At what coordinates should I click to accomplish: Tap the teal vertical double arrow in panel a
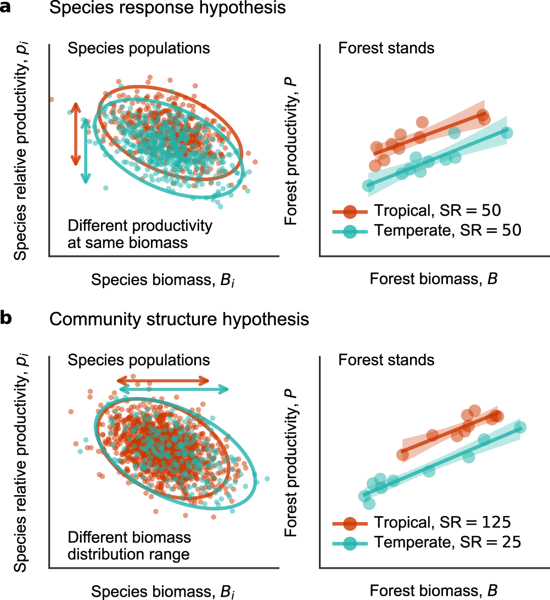point(85,151)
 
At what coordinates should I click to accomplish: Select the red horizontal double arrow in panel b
point(163,380)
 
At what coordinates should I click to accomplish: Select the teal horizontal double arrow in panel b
point(174,389)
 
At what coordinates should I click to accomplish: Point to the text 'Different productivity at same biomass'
point(139,234)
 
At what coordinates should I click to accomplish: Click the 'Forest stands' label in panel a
point(386,48)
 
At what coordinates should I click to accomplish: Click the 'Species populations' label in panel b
point(138,360)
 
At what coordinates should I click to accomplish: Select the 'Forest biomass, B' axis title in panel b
point(433,590)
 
